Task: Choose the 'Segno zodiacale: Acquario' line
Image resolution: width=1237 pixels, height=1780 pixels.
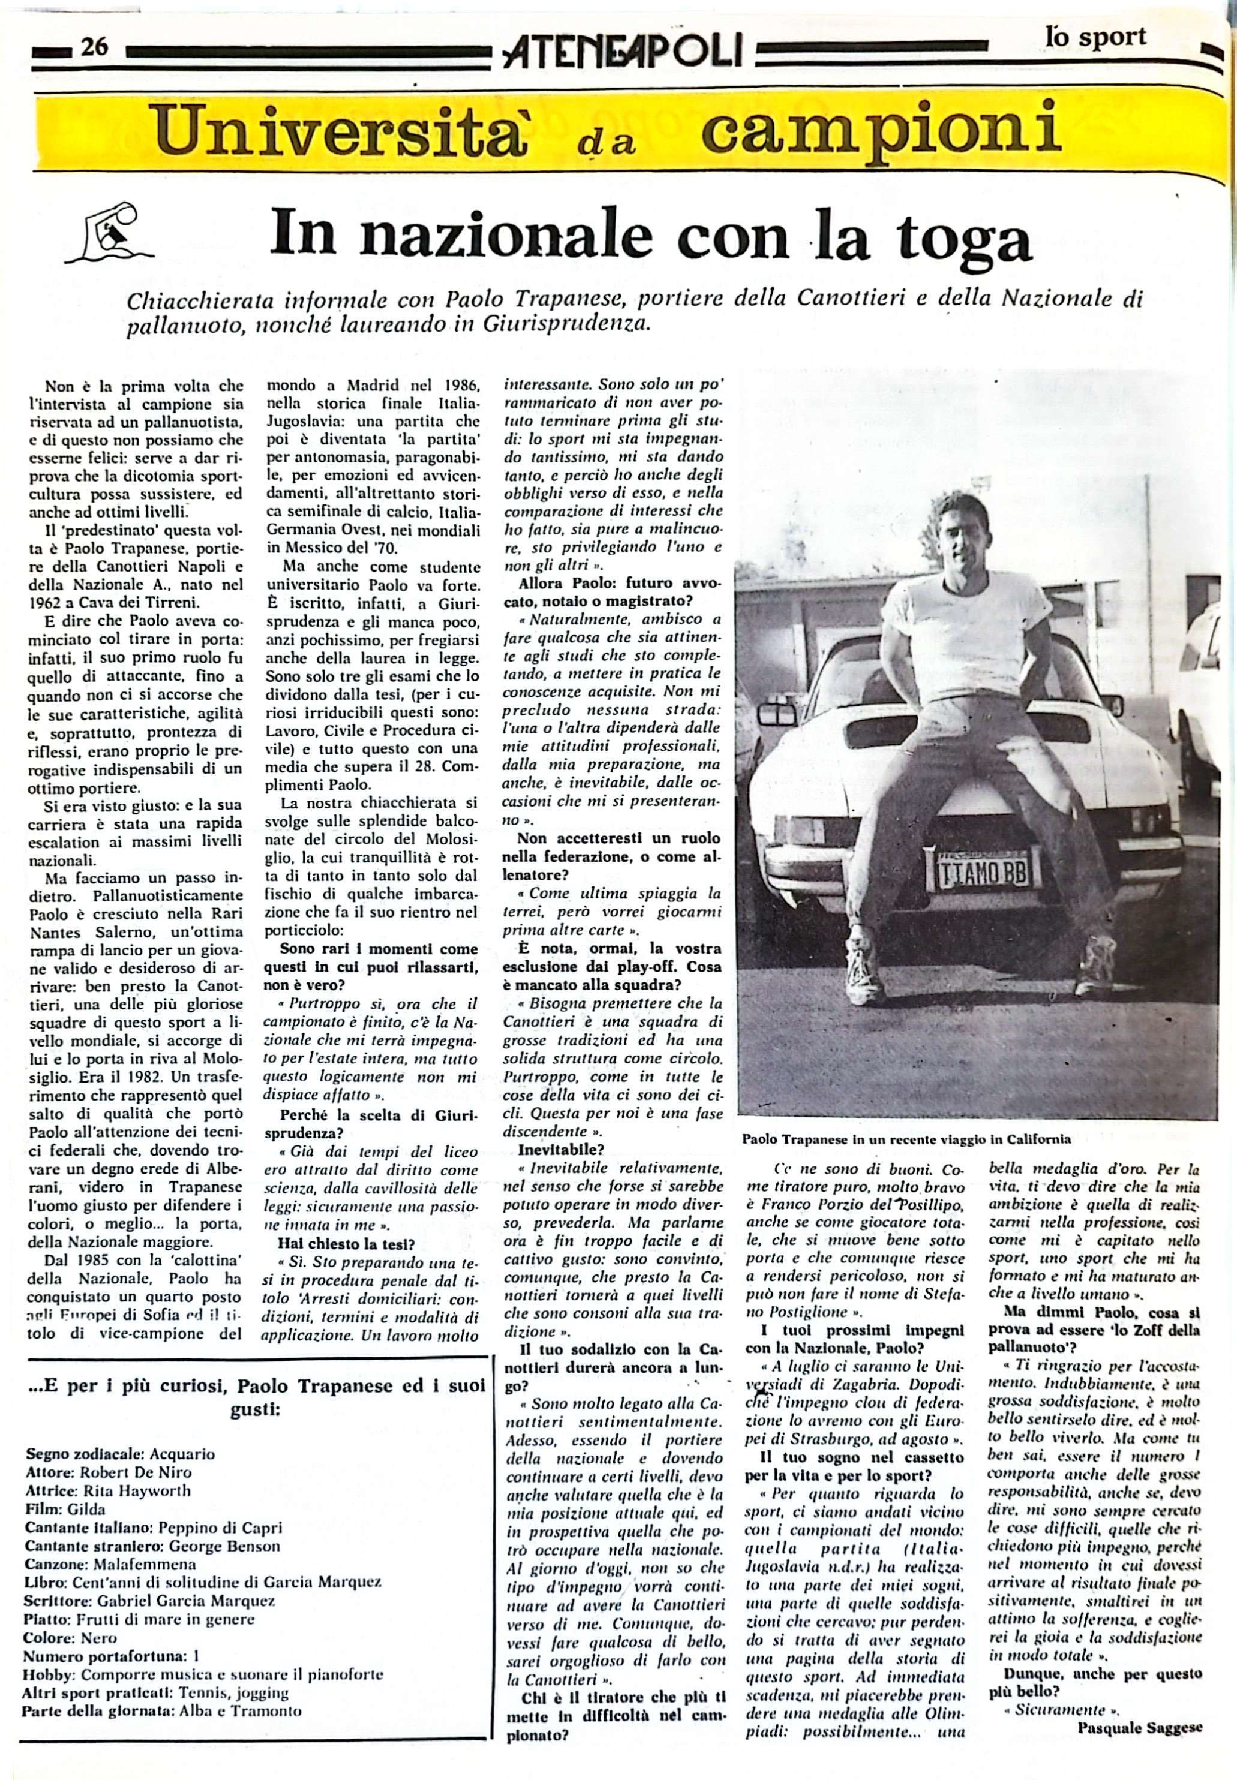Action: [120, 1454]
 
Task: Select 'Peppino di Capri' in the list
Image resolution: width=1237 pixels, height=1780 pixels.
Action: [220, 1528]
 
